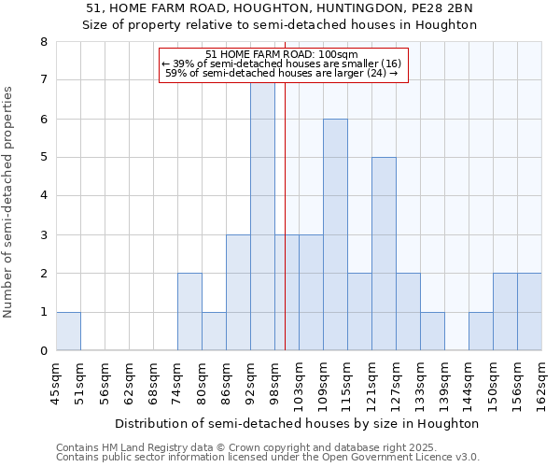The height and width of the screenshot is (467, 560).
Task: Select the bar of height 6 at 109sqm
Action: click(x=335, y=234)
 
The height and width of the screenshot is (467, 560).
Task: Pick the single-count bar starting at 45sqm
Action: click(x=68, y=332)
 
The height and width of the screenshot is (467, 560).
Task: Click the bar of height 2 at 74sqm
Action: click(x=189, y=312)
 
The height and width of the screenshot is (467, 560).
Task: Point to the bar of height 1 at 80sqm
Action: click(x=214, y=332)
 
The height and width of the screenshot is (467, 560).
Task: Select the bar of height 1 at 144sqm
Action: click(x=481, y=332)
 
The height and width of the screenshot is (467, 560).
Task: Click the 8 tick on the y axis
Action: click(x=43, y=42)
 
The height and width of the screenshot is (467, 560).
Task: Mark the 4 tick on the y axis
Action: click(x=43, y=196)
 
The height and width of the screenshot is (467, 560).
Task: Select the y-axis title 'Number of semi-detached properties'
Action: click(x=9, y=202)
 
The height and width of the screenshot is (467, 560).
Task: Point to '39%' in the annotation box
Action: click(x=182, y=64)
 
